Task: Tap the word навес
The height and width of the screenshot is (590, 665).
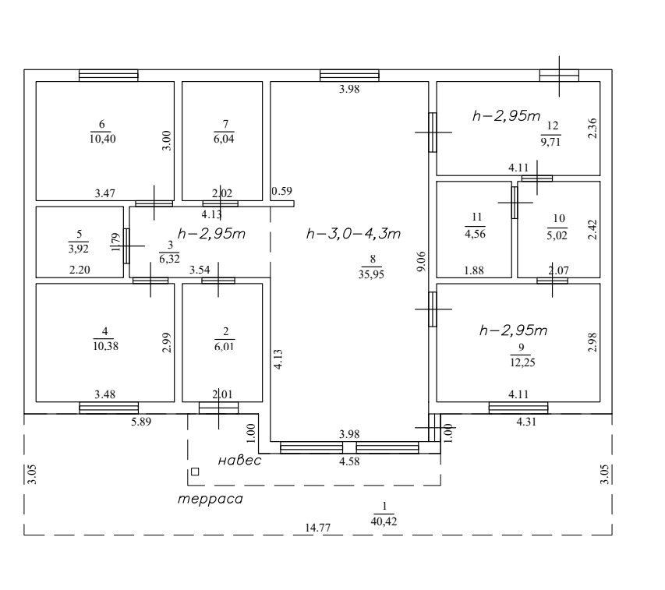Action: pyautogui.click(x=239, y=461)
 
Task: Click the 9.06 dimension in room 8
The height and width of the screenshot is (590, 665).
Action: pyautogui.click(x=422, y=260)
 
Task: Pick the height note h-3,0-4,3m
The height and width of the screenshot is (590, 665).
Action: pyautogui.click(x=354, y=234)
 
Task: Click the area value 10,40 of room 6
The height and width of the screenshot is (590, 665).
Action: pyautogui.click(x=102, y=138)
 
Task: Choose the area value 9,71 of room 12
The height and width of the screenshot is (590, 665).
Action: pyautogui.click(x=551, y=142)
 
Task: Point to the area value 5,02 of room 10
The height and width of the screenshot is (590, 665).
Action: pyautogui.click(x=558, y=231)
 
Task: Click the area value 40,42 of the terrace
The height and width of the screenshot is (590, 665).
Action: pyautogui.click(x=384, y=521)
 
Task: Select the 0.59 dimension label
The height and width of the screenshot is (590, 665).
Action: pyautogui.click(x=281, y=191)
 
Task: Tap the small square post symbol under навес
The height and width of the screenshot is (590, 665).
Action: pyautogui.click(x=195, y=472)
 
